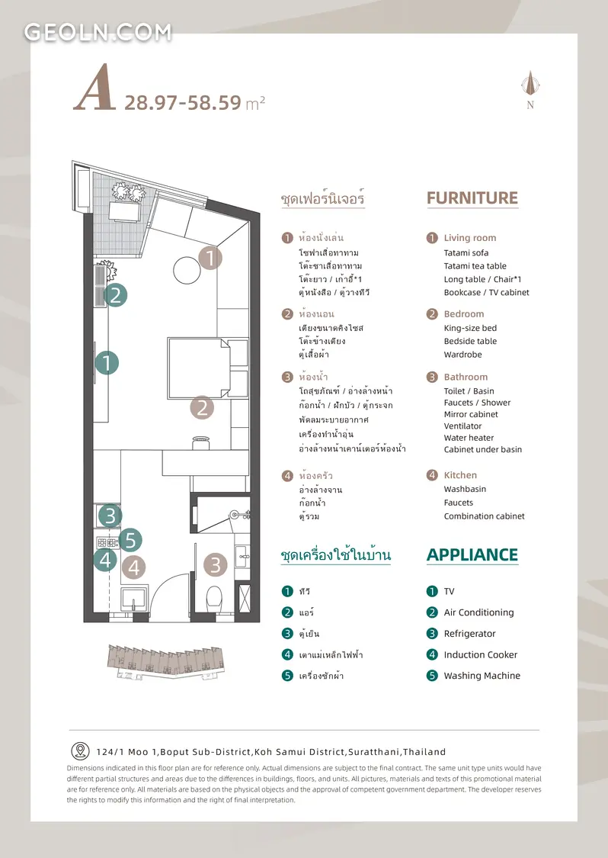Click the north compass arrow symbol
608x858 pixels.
[x=530, y=82]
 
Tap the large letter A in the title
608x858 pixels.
[x=95, y=88]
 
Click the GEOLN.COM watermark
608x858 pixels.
[x=98, y=32]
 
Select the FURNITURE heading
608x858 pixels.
[x=472, y=198]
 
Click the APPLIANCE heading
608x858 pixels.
[x=472, y=555]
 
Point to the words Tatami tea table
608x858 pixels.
[x=475, y=266]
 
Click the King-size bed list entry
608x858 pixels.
[x=470, y=328]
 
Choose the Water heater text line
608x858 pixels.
[x=469, y=438]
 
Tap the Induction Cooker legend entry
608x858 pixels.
[x=481, y=655]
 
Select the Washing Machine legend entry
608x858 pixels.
[x=482, y=676]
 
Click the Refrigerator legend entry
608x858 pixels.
[x=469, y=634]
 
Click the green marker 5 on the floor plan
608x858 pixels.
[x=130, y=541]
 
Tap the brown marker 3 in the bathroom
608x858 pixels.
[x=216, y=564]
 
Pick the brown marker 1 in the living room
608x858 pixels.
[x=210, y=257]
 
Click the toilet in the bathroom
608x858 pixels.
[x=214, y=599]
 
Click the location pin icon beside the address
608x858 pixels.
[x=80, y=750]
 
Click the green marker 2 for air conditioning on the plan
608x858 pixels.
[x=115, y=295]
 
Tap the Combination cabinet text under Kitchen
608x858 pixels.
[x=484, y=516]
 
